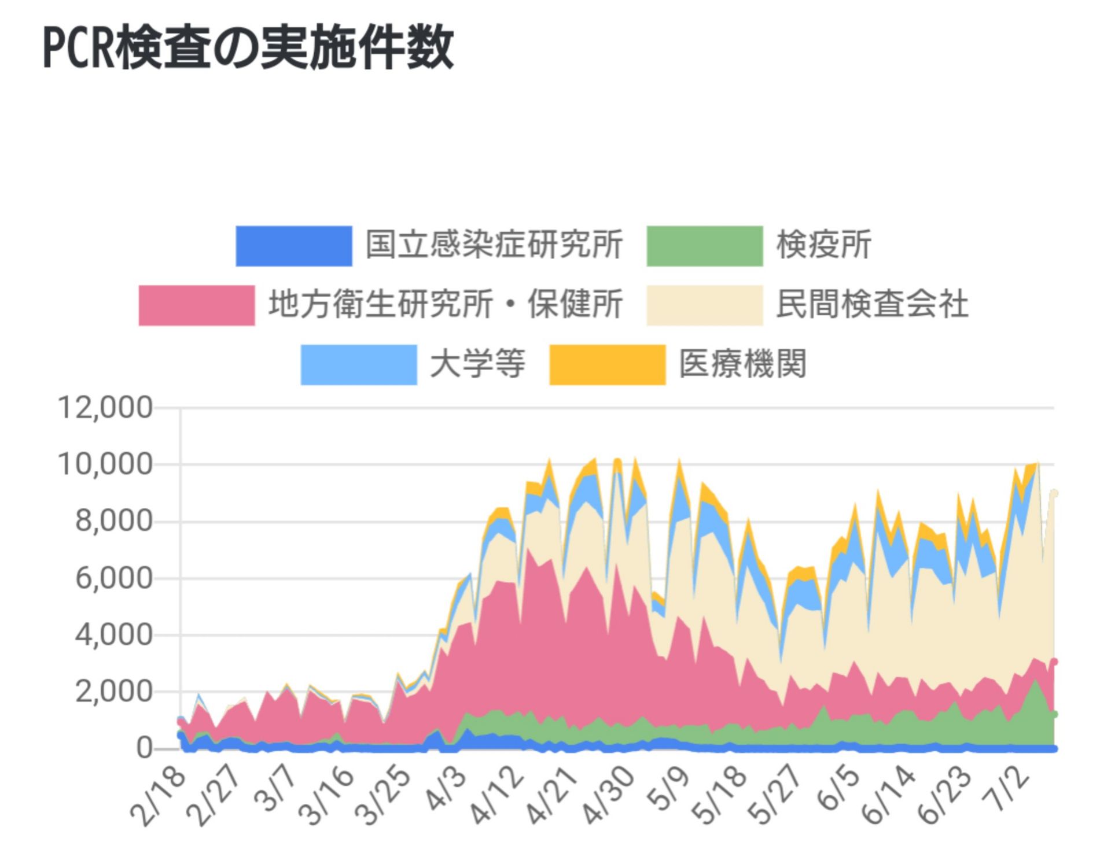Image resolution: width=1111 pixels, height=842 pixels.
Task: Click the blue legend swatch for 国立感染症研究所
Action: coord(294,246)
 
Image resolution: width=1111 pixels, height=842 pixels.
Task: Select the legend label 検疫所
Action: coord(823,245)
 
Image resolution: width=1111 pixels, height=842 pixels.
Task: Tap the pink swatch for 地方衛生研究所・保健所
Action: coord(197,305)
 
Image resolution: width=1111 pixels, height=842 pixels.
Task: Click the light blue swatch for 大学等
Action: coord(359,364)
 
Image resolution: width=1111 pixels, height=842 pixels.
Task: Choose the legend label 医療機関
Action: coord(742,364)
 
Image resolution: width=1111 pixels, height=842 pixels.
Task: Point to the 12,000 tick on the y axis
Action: coord(105,408)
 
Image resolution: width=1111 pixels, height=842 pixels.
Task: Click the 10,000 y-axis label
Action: coord(105,464)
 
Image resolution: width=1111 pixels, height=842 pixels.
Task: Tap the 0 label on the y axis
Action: coord(144,748)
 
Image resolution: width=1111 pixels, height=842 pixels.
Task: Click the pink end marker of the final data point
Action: coord(1054,662)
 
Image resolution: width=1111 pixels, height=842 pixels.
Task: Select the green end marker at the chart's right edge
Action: coord(1054,715)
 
